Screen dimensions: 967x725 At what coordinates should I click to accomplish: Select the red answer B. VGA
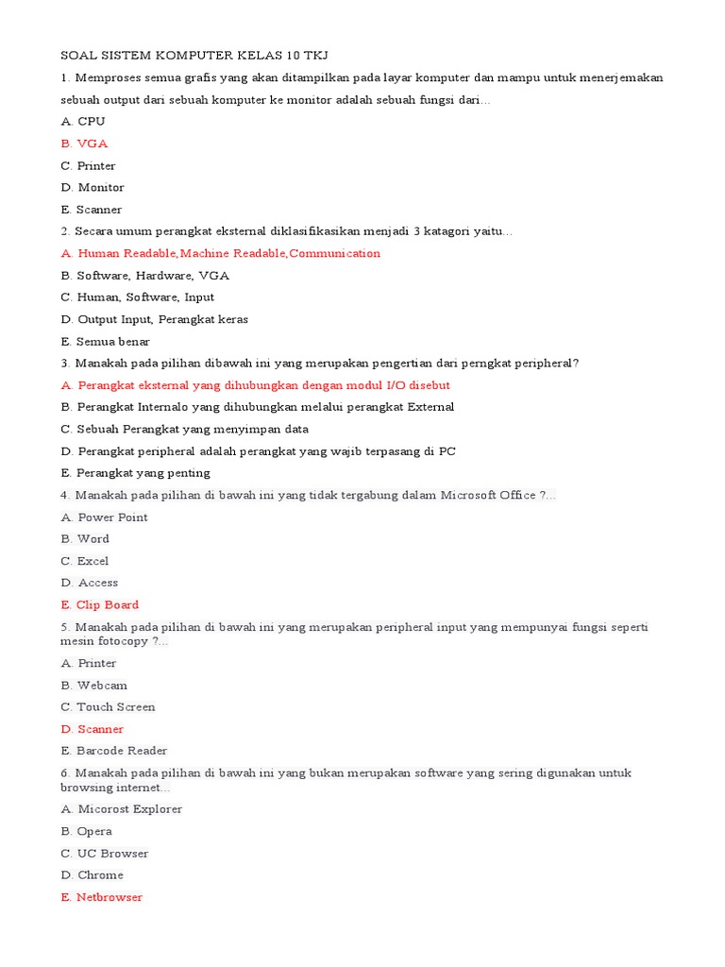pos(84,144)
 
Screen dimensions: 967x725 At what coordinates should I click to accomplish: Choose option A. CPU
pos(83,122)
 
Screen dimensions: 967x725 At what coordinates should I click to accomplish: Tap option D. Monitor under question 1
pos(93,188)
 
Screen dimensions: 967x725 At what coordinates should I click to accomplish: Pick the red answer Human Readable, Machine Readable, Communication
pos(221,253)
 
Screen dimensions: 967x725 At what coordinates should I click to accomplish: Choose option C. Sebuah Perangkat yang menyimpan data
pos(185,430)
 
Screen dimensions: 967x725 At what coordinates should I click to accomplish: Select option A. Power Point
pos(105,517)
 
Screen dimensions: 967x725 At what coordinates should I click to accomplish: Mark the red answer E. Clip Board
pos(100,605)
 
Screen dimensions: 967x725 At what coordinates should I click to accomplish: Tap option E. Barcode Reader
pos(114,751)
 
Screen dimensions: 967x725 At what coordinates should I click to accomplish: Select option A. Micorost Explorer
pos(122,809)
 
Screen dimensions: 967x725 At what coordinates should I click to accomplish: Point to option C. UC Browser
pos(105,854)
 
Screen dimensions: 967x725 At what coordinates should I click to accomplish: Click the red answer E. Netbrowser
pos(102,897)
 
